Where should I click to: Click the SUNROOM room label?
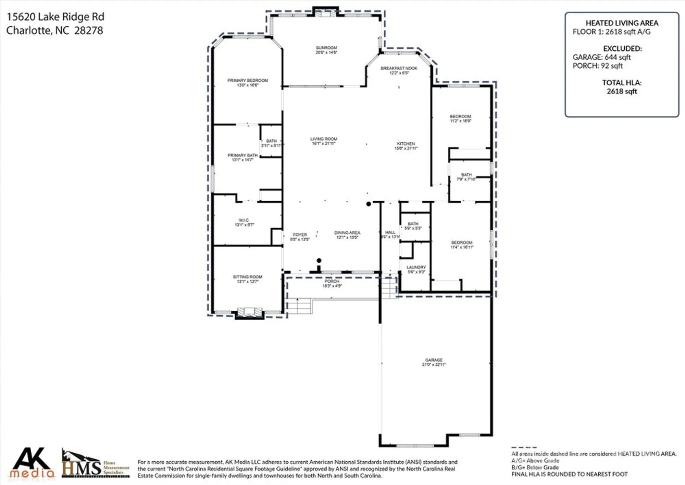point(326,48)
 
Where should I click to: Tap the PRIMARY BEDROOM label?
point(248,80)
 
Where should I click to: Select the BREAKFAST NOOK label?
point(399,68)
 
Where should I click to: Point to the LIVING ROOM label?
point(324,139)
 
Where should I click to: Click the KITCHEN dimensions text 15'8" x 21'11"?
point(406,149)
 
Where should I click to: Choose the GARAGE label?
point(434,360)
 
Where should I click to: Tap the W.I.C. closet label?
point(244,220)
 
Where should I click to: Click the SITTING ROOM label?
point(248,277)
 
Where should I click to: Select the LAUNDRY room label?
point(416,267)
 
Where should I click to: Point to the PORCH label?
point(332,281)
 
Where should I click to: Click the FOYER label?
point(300,235)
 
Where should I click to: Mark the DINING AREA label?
point(347,233)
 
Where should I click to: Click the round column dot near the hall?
point(369,204)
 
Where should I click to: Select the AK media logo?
point(32,463)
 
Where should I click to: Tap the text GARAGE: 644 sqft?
point(601,57)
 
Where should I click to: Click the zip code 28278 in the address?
point(88,31)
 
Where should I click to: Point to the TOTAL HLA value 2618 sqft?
point(622,91)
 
